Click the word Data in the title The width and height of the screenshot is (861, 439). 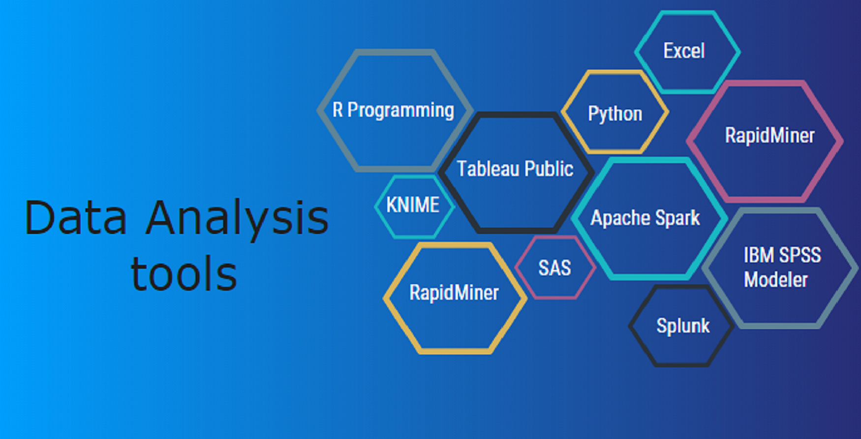[x=76, y=217]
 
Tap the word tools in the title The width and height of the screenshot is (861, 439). [x=184, y=273]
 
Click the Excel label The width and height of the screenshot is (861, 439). [x=684, y=51]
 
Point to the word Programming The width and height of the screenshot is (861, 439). [x=400, y=111]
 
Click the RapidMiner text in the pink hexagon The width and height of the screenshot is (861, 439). [x=769, y=135]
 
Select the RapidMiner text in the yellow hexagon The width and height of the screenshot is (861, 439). [x=454, y=293]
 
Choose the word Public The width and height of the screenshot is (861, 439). [x=549, y=169]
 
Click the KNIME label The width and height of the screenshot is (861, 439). [x=413, y=205]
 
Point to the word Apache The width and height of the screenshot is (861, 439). [x=621, y=218]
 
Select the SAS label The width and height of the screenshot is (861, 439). [x=554, y=268]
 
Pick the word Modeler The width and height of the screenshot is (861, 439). [x=775, y=280]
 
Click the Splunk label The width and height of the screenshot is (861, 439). [x=683, y=326]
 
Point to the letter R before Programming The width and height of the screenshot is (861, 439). [x=338, y=110]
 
